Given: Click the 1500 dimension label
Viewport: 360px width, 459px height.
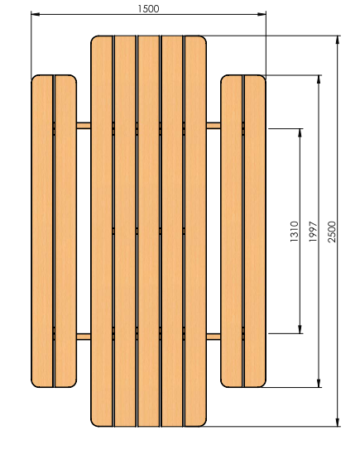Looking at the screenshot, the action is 148,9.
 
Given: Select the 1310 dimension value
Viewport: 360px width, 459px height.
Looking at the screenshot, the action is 294,232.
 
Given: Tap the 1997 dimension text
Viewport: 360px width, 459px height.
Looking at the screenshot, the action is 313,232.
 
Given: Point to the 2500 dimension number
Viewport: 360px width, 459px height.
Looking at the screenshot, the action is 332,232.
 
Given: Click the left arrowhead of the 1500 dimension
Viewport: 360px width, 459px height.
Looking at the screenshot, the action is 35,14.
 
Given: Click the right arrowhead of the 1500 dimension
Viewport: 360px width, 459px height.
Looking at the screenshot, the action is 262,14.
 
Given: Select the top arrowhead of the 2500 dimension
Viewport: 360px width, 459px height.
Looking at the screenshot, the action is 338,40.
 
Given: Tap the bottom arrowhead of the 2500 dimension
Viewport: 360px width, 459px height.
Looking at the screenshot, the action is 338,422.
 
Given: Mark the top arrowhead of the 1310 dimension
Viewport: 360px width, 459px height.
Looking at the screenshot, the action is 300,132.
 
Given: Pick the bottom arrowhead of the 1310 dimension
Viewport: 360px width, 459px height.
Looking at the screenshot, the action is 300,329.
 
